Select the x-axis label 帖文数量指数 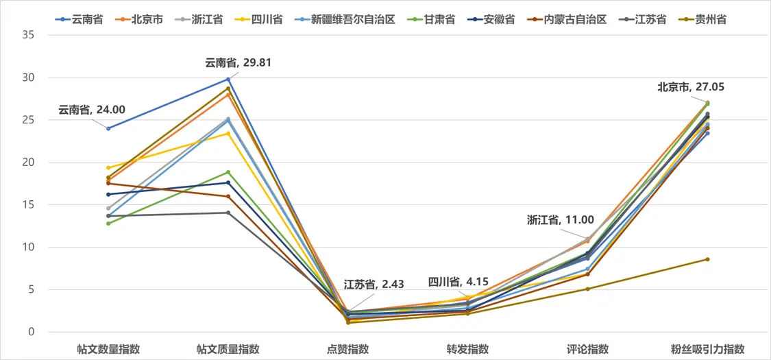coord(108,349)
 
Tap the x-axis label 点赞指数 coord(348,349)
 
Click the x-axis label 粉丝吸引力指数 coord(707,349)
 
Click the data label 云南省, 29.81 coord(233,63)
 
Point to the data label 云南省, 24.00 coord(91,109)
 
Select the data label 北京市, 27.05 coord(691,87)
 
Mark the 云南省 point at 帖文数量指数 coord(108,128)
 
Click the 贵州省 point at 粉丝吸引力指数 coord(707,259)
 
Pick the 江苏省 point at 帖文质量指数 coord(228,213)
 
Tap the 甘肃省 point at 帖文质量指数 coord(228,172)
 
